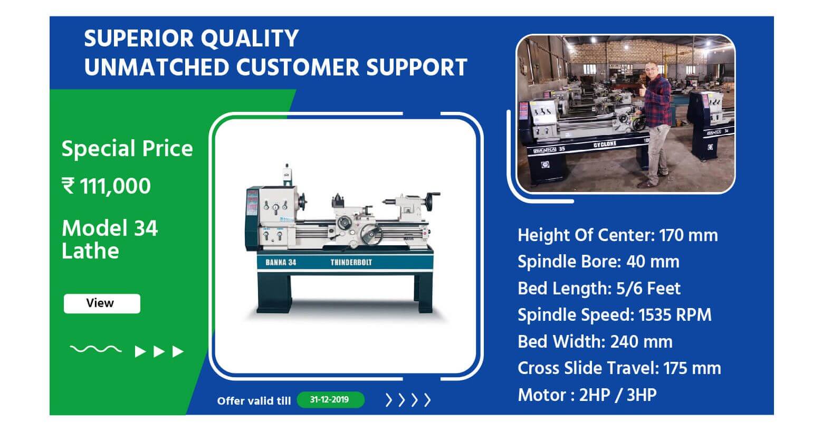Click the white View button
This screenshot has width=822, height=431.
102,303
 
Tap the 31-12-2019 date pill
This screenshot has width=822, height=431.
330,399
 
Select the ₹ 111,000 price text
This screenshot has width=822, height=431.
106,186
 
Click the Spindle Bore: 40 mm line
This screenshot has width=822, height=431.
598,262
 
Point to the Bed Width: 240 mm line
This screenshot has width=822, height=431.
595,341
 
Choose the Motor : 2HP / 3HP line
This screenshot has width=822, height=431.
587,395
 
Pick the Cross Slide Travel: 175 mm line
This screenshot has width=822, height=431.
619,368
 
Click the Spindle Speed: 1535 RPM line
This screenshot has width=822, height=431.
614,315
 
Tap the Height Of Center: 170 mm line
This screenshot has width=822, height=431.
618,235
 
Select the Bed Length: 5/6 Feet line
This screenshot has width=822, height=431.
599,289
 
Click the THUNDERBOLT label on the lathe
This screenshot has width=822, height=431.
351,262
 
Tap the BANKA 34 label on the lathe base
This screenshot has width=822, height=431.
281,262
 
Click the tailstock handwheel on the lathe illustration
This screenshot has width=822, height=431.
431,201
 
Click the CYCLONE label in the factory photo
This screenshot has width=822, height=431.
605,144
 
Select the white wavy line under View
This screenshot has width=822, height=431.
95,349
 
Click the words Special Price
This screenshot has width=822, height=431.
127,149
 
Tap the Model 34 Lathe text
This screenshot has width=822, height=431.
109,240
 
